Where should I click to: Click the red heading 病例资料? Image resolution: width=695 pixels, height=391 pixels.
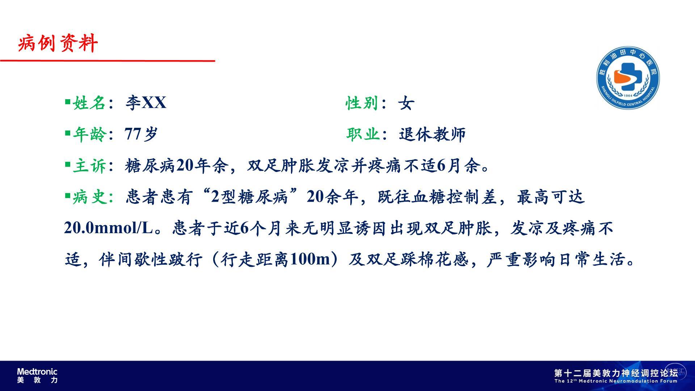58,43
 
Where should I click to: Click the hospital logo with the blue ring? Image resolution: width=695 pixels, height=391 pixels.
628,77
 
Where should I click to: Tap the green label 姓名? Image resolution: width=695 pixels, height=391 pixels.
89,103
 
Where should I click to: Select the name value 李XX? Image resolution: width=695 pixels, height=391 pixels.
146,103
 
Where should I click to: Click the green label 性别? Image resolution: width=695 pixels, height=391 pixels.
362,103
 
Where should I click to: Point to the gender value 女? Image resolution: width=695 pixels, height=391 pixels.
406,103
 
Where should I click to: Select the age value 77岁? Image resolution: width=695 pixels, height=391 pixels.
141,134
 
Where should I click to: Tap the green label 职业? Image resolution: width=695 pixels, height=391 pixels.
363,134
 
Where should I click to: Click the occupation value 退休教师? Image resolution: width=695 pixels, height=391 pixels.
432,134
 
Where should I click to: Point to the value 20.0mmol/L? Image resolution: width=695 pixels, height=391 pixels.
109,228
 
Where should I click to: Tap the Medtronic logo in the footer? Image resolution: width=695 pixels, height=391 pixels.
37,375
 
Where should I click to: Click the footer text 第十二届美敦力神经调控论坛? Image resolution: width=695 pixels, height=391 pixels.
616,373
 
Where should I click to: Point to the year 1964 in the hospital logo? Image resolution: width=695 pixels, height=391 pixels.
628,96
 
